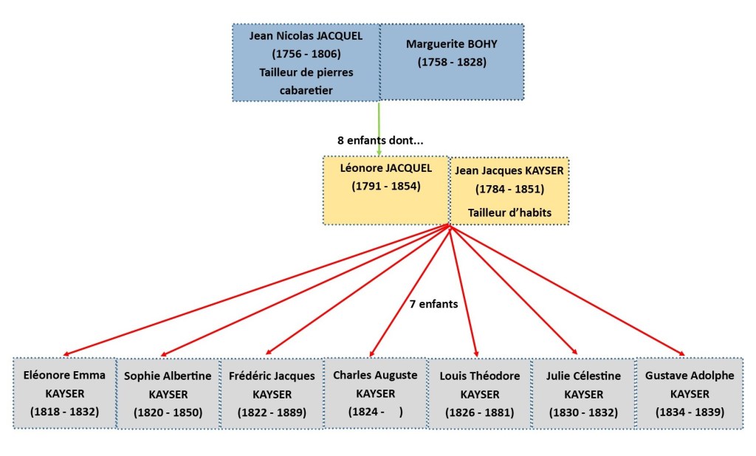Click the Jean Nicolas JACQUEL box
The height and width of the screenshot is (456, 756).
[306, 63]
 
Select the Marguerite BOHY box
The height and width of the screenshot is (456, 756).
[451, 62]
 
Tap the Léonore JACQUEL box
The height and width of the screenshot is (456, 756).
[385, 190]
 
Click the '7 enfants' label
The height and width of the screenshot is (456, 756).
[434, 303]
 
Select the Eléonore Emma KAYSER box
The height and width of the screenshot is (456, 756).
[64, 393]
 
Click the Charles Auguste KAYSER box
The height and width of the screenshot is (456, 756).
[375, 393]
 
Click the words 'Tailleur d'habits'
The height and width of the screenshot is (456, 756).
[509, 213]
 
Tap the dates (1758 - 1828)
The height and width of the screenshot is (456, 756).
[452, 62]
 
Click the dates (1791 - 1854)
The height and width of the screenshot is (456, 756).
[385, 186]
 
